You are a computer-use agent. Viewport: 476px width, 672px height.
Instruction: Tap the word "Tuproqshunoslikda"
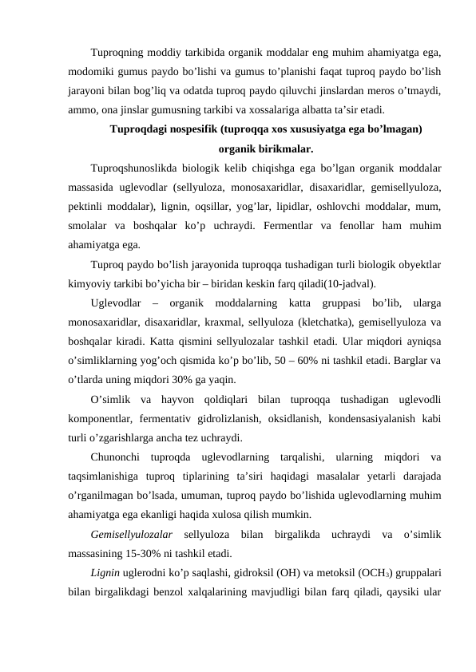pos(137,168)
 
